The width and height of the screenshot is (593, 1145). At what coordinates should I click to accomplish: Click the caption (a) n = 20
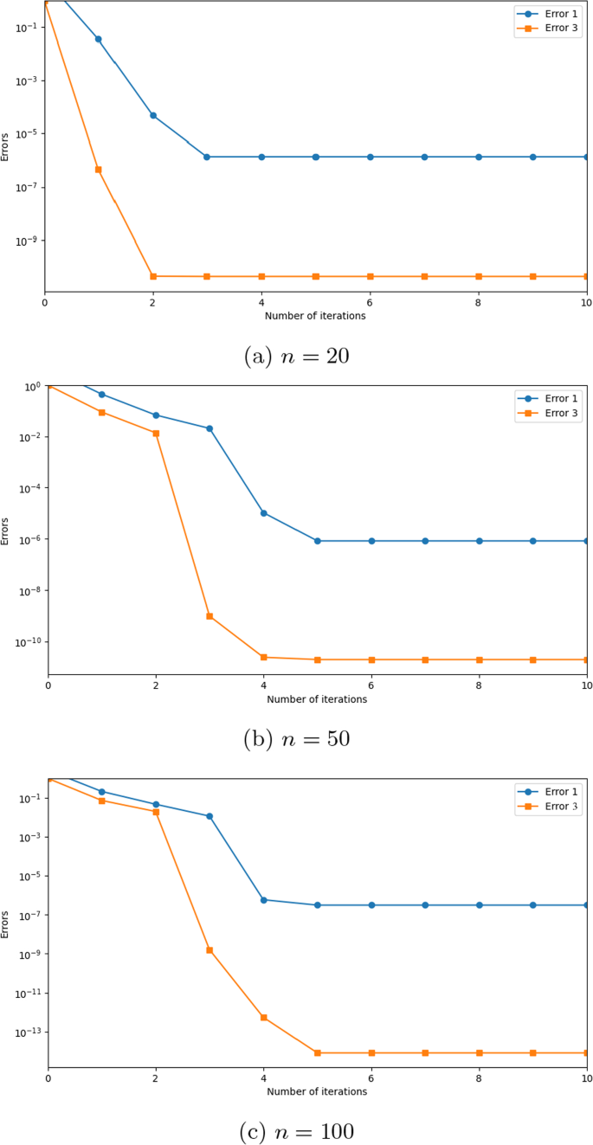(x=295, y=356)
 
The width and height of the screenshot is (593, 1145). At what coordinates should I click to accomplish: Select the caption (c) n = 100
(x=295, y=1131)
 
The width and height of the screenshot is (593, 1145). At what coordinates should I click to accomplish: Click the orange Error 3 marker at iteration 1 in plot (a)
(x=99, y=170)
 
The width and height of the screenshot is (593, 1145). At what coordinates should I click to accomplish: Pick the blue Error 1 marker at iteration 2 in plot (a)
(x=153, y=115)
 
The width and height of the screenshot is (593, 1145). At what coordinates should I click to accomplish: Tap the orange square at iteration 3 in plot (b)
(x=209, y=616)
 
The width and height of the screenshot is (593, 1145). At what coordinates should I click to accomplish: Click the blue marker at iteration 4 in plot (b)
(x=264, y=513)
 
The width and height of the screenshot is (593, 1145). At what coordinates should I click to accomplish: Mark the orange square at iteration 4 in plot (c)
(x=264, y=1018)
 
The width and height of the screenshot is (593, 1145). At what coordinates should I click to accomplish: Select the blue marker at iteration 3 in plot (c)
(x=209, y=816)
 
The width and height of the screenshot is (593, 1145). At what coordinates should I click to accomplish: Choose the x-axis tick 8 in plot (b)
(x=479, y=685)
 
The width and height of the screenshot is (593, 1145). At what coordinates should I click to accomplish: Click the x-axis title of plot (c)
(x=317, y=1091)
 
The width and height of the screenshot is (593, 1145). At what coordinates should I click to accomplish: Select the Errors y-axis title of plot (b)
(x=7, y=530)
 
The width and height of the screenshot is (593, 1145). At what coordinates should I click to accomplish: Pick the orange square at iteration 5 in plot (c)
(x=318, y=1052)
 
